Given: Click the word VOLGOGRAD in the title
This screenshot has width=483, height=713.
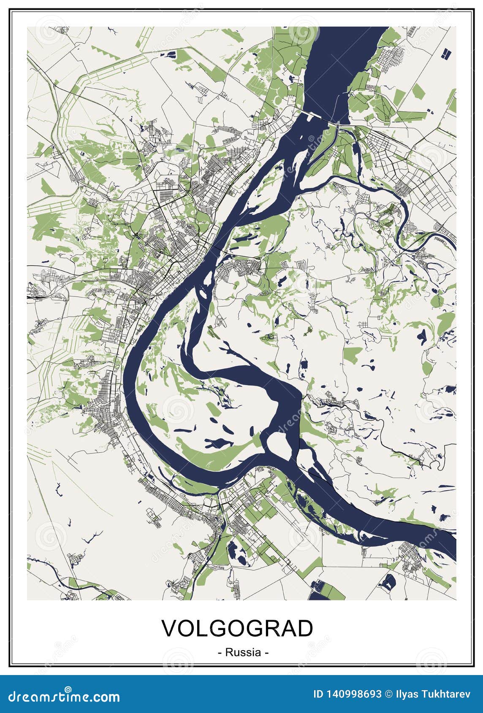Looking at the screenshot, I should click(238, 629).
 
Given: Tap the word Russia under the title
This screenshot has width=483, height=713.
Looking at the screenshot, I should click(243, 652).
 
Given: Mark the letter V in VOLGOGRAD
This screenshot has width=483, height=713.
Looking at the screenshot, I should click(170, 629).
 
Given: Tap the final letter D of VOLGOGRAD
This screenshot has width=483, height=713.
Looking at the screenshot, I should click(305, 629).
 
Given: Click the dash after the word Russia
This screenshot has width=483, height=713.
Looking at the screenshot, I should click(266, 653).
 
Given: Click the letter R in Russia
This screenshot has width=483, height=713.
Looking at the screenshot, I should click(229, 652).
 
